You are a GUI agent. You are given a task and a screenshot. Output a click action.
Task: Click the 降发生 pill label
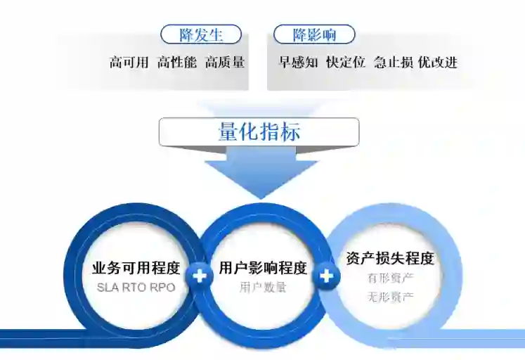[201, 34]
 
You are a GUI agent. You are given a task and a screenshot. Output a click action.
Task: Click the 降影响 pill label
[313, 34]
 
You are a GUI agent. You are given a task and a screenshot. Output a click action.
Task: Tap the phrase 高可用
[129, 63]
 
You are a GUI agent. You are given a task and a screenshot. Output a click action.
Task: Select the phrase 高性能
[176, 63]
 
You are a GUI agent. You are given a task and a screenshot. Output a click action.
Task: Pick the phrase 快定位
[346, 63]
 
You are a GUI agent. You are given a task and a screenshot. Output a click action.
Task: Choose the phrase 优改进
[437, 63]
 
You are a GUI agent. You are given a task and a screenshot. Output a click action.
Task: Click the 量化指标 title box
[259, 132]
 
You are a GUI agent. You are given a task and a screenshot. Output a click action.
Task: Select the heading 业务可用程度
[136, 269]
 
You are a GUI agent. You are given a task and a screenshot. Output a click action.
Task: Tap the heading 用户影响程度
[263, 269]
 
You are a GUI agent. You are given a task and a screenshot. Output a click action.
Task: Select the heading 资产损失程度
[390, 259]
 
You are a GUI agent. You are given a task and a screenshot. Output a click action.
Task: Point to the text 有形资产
[390, 278]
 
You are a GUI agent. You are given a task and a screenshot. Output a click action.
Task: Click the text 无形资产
[390, 296]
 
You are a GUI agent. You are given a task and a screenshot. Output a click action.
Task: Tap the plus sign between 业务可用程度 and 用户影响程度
[200, 276]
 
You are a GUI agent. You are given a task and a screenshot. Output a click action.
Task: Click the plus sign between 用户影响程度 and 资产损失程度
[326, 276]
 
